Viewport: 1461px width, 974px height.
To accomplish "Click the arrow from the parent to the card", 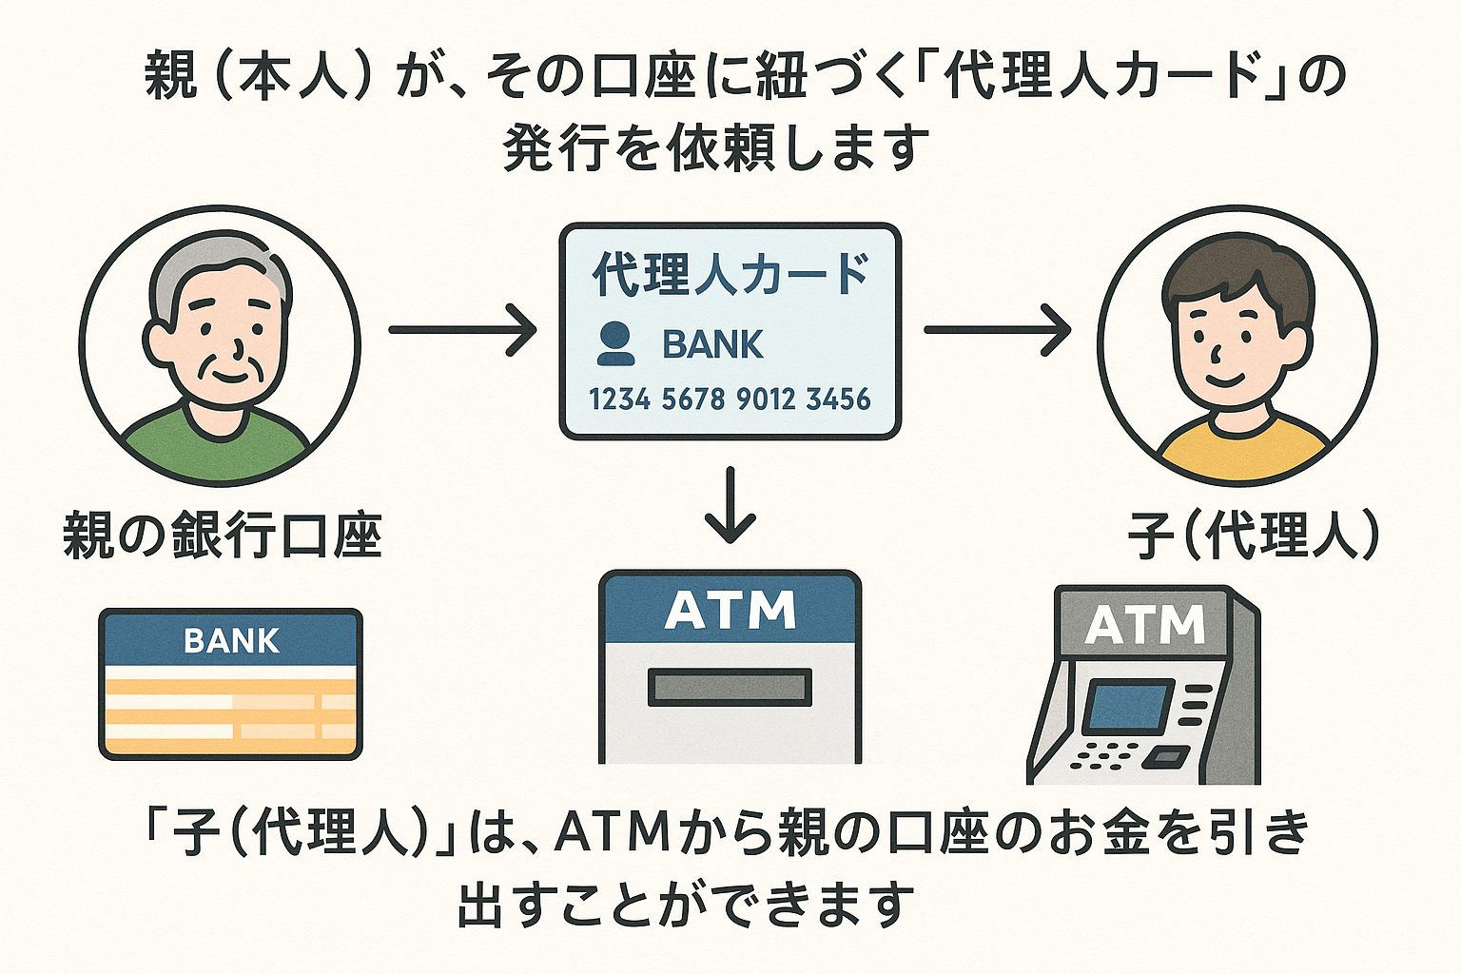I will pyautogui.click(x=462, y=330).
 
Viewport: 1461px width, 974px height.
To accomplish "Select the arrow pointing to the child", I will pyautogui.click(x=997, y=330).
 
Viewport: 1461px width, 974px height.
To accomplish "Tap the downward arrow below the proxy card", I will pyautogui.click(x=730, y=506).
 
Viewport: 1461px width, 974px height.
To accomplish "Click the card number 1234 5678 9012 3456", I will pyautogui.click(x=730, y=399).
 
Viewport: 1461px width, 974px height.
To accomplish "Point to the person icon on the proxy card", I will pyautogui.click(x=615, y=344).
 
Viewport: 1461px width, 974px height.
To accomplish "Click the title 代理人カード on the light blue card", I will pyautogui.click(x=730, y=275).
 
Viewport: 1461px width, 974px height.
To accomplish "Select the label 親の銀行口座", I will pyautogui.click(x=223, y=535).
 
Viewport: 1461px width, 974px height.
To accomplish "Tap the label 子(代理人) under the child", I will pyautogui.click(x=1254, y=535).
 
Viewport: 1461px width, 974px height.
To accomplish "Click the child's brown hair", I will pyautogui.click(x=1237, y=271).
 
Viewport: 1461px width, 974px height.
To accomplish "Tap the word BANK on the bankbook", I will pyautogui.click(x=231, y=641).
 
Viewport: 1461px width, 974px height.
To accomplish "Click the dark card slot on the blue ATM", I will pyautogui.click(x=730, y=687).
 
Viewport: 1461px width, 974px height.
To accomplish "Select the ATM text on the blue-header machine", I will pyautogui.click(x=730, y=611).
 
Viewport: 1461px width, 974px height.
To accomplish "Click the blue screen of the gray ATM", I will pyautogui.click(x=1127, y=707).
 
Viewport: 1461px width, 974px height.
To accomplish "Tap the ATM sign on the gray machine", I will pyautogui.click(x=1144, y=625).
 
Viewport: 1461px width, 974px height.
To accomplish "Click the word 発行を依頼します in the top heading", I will pyautogui.click(x=715, y=148).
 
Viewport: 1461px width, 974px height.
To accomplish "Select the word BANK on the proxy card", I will pyautogui.click(x=712, y=344).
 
